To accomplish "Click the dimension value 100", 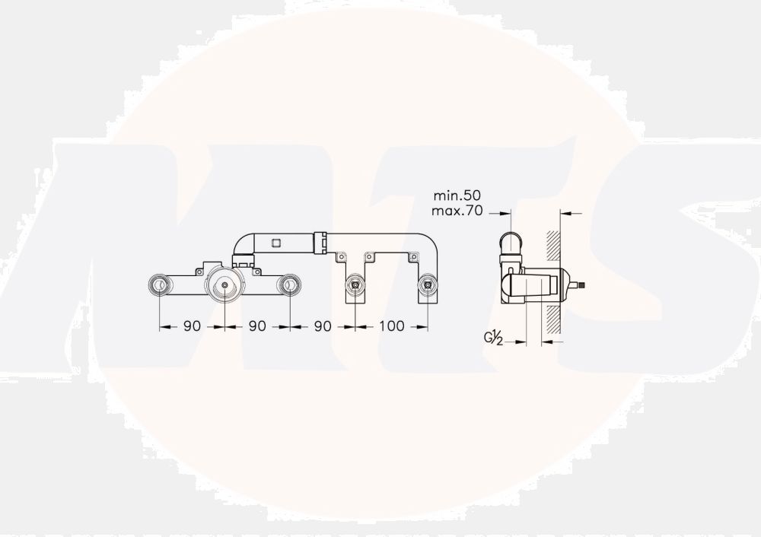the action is [392, 326].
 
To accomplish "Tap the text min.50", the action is [457, 195].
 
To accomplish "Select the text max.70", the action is [457, 211].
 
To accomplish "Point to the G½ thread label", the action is [492, 337].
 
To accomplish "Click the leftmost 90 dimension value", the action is [193, 326].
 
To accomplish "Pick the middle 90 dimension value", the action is [257, 326].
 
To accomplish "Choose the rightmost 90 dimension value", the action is [322, 326].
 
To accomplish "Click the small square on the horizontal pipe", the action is [276, 242].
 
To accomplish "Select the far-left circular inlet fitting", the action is [159, 284].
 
